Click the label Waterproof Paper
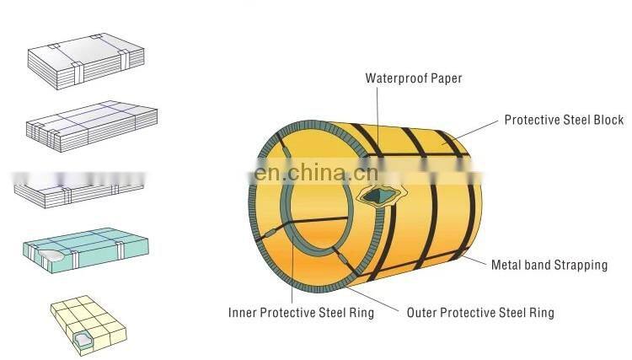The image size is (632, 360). pos(413,78)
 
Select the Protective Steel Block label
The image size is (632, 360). pos(564,120)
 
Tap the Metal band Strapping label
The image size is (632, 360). pos(549,265)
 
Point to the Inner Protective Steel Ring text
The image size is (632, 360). pos(301,313)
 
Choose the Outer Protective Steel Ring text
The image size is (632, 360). pos(480,313)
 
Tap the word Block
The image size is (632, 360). pos(608,120)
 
